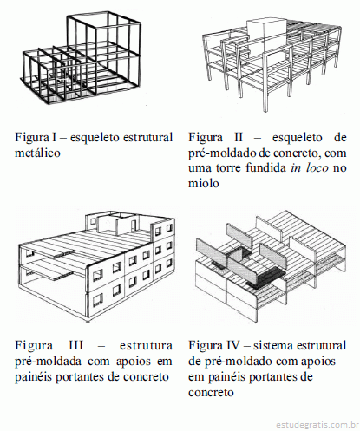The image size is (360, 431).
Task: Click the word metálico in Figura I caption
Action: click(x=37, y=153)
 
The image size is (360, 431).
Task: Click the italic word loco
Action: click(x=317, y=168)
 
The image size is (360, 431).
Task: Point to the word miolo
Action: click(x=204, y=183)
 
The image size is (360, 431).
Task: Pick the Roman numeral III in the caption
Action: click(x=76, y=345)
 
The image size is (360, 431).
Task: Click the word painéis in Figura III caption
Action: click(x=33, y=376)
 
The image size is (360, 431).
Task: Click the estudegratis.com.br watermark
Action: click(x=317, y=425)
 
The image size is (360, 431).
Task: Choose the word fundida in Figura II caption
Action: click(x=266, y=168)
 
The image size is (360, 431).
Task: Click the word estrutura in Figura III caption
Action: click(x=146, y=345)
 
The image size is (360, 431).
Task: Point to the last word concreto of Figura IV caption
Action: click(x=211, y=392)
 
